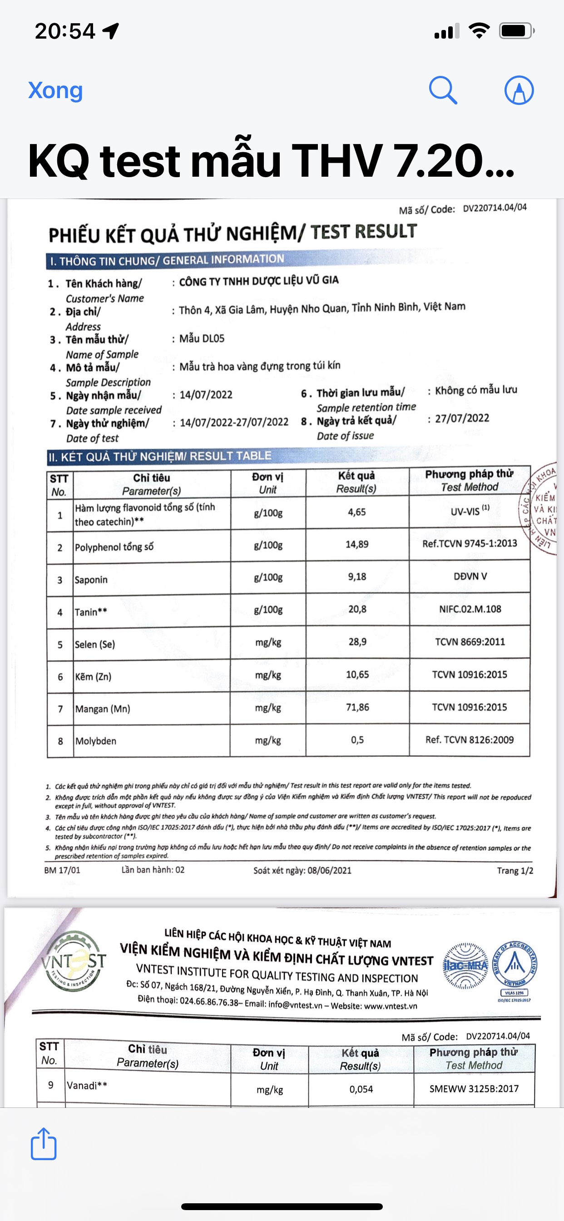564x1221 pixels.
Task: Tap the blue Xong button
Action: point(55,90)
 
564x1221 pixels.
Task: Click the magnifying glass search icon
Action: point(443,89)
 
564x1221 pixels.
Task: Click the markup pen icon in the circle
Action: point(519,89)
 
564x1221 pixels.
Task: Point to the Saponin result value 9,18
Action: point(357,577)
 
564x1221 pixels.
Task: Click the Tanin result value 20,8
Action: point(357,609)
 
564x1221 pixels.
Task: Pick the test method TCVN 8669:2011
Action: point(470,642)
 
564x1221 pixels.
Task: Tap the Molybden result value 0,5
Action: point(357,740)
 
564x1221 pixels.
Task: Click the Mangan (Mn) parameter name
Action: point(102,709)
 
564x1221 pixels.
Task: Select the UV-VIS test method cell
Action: point(470,511)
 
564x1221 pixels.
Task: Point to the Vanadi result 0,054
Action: point(361,1089)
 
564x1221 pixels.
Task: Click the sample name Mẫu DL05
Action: point(202,338)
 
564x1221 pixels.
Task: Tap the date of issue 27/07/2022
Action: point(462,418)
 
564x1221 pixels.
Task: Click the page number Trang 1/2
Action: point(515,871)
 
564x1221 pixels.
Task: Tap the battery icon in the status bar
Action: point(516,31)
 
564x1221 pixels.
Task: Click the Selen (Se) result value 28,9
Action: point(357,642)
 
